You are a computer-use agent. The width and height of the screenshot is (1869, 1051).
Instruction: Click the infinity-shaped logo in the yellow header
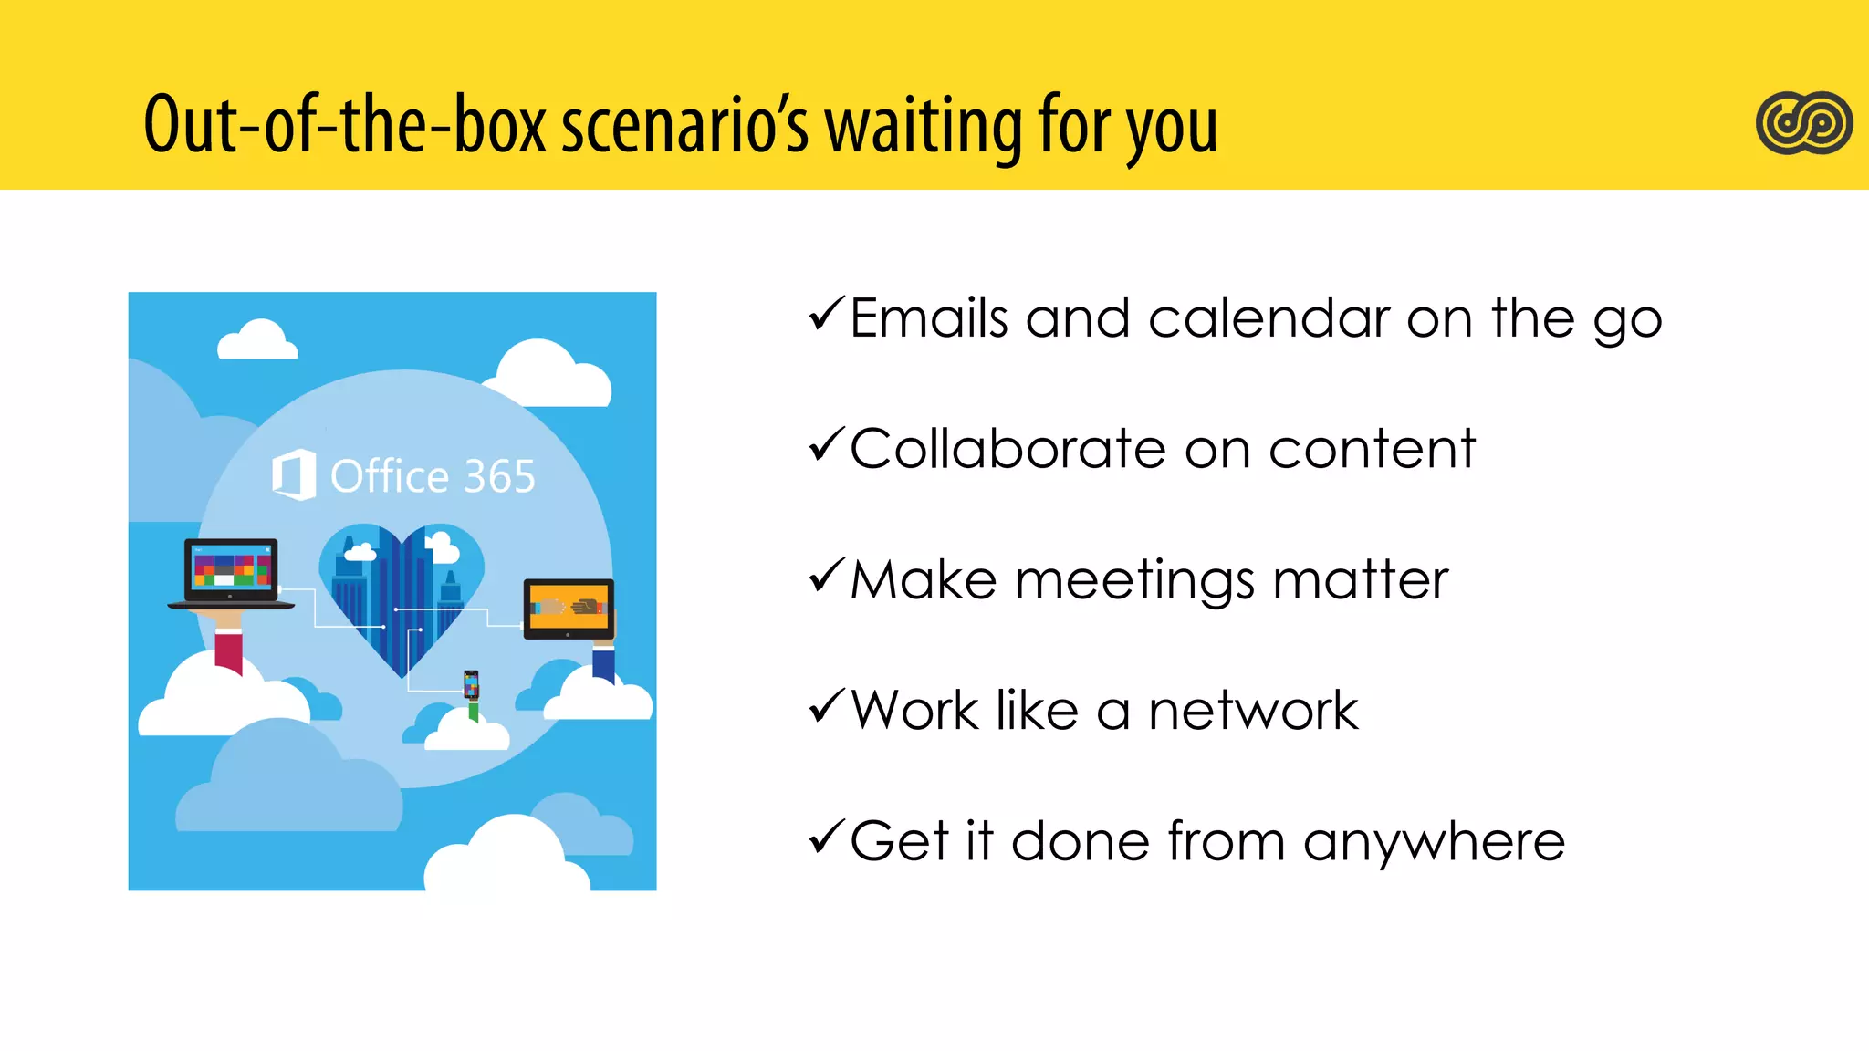coord(1803,123)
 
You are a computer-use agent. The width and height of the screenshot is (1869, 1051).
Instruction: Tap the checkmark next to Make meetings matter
coord(827,577)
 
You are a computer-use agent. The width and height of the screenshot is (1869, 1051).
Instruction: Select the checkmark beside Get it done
coord(827,838)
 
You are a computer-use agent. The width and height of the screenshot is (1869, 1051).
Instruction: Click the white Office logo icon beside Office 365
coord(294,474)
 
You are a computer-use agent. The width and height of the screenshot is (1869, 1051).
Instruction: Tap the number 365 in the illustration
coord(499,476)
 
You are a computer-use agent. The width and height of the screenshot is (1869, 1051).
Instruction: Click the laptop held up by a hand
coord(231,573)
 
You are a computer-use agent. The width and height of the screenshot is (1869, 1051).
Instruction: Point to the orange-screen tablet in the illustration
coord(568,609)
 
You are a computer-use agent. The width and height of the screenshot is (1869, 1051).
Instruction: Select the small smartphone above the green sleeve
coord(471,683)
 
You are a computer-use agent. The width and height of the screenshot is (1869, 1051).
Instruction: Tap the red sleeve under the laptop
coord(228,651)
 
